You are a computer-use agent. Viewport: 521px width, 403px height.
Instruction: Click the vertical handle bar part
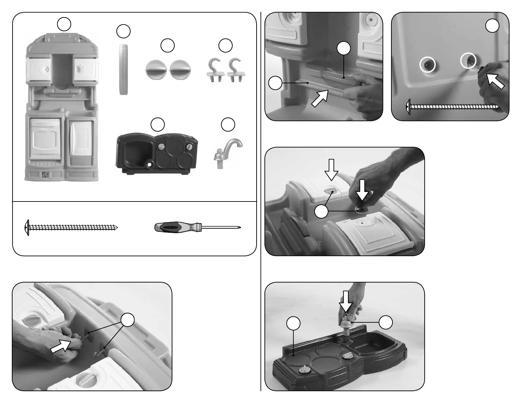point(123,69)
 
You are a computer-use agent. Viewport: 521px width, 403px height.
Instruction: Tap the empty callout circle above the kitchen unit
point(64,24)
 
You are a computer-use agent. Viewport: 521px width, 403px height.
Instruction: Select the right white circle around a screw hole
point(468,61)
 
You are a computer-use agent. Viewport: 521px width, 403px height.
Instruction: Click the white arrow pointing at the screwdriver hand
point(495,81)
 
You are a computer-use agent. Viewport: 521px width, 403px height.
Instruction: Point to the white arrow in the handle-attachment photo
point(320,98)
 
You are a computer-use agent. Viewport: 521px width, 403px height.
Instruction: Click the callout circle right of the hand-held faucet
point(386,322)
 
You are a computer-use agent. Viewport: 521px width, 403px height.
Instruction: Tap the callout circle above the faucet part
point(228,124)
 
